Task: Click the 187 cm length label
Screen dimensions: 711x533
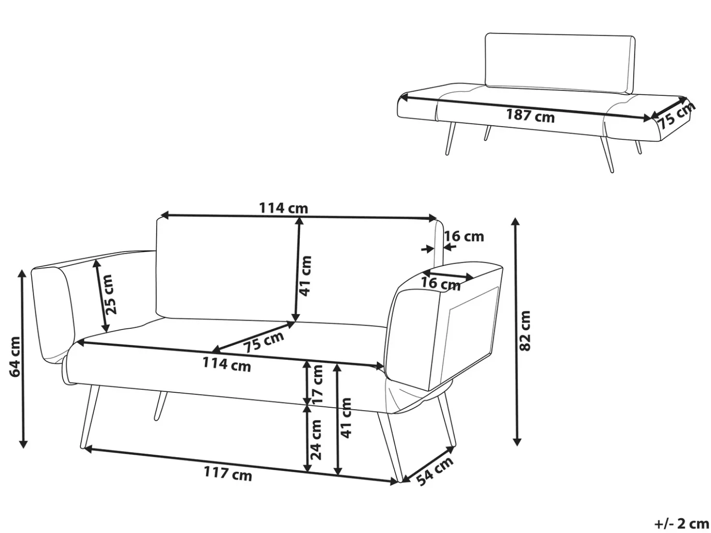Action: (530, 116)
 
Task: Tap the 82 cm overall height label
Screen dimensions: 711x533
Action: (525, 331)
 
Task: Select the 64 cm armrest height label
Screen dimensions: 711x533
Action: (15, 357)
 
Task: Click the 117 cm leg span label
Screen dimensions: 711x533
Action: (228, 474)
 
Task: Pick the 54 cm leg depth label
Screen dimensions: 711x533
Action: (435, 471)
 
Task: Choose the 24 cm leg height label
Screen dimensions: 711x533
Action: (316, 440)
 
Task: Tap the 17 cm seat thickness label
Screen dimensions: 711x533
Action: (317, 384)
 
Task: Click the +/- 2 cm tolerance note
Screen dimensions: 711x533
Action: (681, 523)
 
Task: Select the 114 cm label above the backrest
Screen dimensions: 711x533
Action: (283, 208)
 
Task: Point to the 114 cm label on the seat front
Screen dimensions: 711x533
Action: (227, 365)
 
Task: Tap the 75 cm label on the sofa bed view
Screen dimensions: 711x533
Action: (676, 116)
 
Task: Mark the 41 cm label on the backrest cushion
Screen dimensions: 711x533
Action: (306, 276)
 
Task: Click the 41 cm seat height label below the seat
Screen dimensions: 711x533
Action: (346, 418)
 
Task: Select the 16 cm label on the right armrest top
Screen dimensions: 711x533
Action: (441, 284)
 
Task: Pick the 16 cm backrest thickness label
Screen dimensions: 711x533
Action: (464, 237)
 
